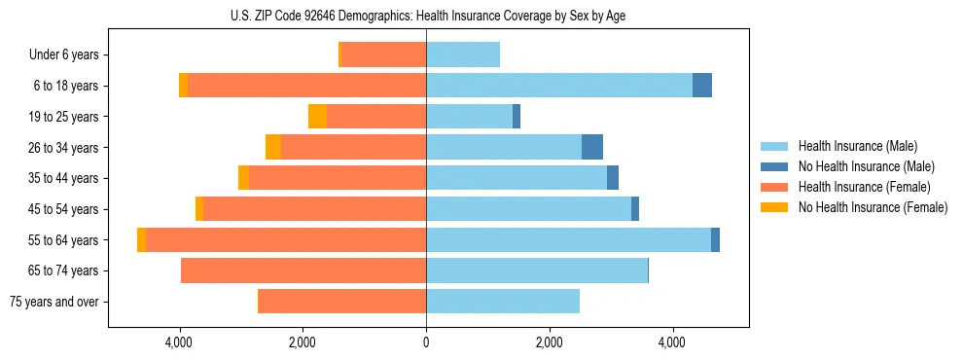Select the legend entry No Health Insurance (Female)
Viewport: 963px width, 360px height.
pos(873,207)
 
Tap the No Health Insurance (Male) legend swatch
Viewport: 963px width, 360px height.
pos(775,166)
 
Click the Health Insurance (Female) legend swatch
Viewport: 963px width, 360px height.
pos(775,187)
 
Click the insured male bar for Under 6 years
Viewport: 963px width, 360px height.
pos(463,55)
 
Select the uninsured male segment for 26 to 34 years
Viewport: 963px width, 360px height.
pos(592,147)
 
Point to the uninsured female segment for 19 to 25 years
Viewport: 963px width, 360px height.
pos(317,117)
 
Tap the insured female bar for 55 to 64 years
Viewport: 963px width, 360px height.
pos(286,239)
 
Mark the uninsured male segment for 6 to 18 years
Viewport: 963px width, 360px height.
pos(702,86)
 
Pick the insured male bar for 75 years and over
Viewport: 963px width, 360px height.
pos(503,302)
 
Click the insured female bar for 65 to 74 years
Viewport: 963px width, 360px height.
pos(303,270)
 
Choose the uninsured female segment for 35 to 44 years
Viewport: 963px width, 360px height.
pos(243,178)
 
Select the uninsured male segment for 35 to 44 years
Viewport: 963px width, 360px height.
pos(613,178)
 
